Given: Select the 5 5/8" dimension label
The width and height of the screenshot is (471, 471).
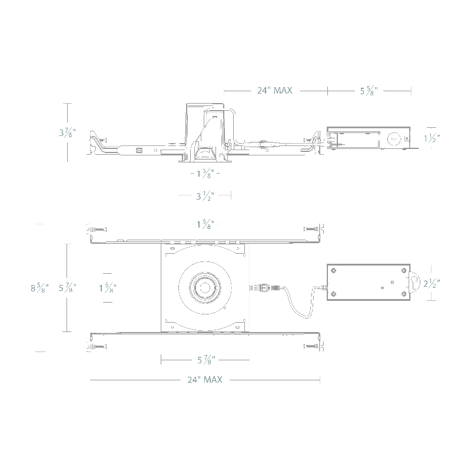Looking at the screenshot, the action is pyautogui.click(x=369, y=91).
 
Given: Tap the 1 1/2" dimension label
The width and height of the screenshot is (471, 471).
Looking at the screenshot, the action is pyautogui.click(x=432, y=138).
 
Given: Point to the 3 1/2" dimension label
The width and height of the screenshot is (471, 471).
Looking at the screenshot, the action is pyautogui.click(x=205, y=196).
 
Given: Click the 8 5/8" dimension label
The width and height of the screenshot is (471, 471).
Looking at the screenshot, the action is pyautogui.click(x=39, y=288).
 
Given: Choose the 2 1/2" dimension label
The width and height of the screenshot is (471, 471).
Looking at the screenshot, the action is pyautogui.click(x=432, y=283).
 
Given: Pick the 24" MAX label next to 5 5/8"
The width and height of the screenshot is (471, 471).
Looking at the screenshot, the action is pyautogui.click(x=274, y=91).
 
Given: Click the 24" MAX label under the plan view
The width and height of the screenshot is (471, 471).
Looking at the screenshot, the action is pyautogui.click(x=205, y=380).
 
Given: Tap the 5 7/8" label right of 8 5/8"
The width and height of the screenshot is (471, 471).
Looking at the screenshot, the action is pyautogui.click(x=67, y=288).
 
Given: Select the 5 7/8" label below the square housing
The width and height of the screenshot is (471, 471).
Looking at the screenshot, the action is pyautogui.click(x=206, y=360).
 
